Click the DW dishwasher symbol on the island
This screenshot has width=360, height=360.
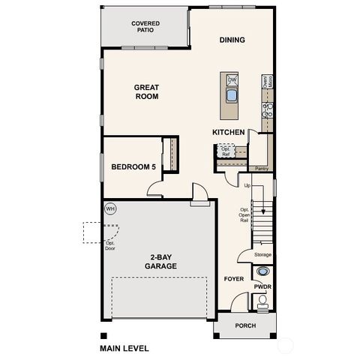pyautogui.click(x=232, y=79)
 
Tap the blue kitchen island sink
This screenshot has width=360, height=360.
pyautogui.click(x=232, y=96)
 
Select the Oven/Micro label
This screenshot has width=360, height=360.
pyautogui.click(x=265, y=83)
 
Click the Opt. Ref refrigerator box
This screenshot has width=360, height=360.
pyautogui.click(x=225, y=151)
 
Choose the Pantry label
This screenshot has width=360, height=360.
pyautogui.click(x=261, y=169)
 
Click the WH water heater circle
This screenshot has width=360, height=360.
pyautogui.click(x=110, y=208)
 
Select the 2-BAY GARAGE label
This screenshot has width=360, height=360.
pyautogui.click(x=160, y=261)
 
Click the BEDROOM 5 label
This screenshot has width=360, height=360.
pyautogui.click(x=133, y=166)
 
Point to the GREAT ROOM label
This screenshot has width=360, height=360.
pyautogui.click(x=146, y=91)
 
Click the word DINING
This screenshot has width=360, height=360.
pyautogui.click(x=232, y=40)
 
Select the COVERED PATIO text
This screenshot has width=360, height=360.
pyautogui.click(x=145, y=28)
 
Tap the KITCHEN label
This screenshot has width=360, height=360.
pyautogui.click(x=229, y=132)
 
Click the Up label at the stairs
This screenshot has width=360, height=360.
pyautogui.click(x=246, y=185)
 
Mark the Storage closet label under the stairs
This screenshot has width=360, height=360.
pyautogui.click(x=262, y=255)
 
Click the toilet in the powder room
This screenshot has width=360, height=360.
pyautogui.click(x=262, y=303)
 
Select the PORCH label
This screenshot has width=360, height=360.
pyautogui.click(x=245, y=326)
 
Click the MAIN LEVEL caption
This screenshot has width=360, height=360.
pyautogui.click(x=124, y=348)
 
